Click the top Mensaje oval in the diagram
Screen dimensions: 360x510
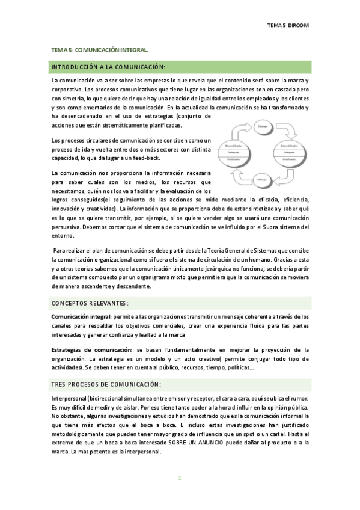[262, 126]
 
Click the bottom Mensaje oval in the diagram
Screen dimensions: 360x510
[262, 179]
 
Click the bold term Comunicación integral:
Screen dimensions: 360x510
[78, 316]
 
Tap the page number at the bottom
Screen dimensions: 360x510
[179, 478]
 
